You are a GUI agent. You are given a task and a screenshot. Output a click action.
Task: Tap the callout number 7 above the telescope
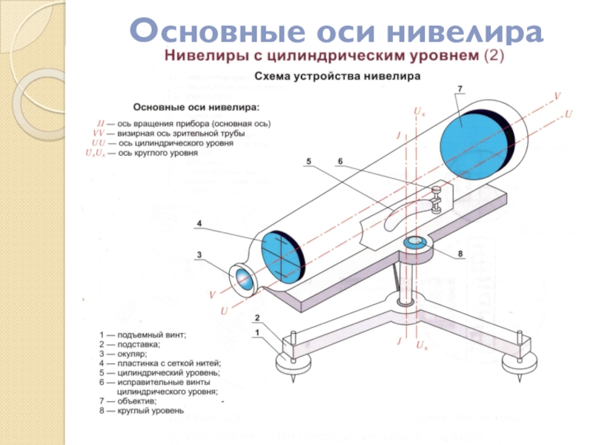[x=460, y=89]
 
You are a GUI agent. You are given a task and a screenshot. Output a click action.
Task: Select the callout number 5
[x=308, y=161]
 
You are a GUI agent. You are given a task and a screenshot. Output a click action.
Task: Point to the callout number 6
[x=339, y=161]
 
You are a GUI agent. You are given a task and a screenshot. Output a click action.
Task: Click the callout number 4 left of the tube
[x=199, y=223]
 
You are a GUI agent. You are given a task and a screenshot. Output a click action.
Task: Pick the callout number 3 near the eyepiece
[x=199, y=255]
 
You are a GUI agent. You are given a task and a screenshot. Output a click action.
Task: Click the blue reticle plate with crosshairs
[x=274, y=254]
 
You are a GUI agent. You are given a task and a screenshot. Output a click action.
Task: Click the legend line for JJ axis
[x=183, y=122]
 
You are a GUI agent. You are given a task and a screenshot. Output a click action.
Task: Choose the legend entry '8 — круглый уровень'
[x=141, y=410]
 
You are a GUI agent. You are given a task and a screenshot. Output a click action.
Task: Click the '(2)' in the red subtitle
[x=493, y=56]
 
